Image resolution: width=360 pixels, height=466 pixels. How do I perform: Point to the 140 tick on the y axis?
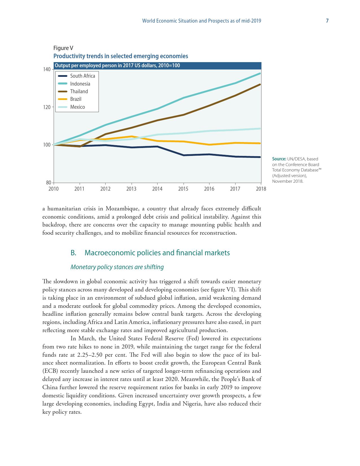click(47, 69)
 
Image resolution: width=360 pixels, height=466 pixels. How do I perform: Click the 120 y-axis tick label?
click(47, 107)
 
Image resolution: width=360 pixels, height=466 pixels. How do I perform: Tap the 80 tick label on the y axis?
click(48, 183)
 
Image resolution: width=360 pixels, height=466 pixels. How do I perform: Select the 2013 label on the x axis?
click(131, 189)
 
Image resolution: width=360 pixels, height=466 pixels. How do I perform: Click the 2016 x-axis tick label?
click(209, 189)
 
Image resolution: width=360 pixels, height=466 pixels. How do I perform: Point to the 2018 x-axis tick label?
click(261, 189)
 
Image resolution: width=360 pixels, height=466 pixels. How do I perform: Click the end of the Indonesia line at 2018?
click(260, 73)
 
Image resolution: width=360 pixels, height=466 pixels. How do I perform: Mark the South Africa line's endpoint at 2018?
click(260, 157)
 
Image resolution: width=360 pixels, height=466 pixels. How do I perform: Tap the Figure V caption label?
click(63, 48)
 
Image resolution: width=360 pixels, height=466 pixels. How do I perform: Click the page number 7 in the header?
click(327, 21)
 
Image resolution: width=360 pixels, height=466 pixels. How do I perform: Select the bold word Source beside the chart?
click(279, 159)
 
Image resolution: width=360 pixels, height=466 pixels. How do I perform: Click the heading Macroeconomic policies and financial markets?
click(157, 253)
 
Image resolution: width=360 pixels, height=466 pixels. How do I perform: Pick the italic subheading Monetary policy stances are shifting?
click(117, 267)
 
